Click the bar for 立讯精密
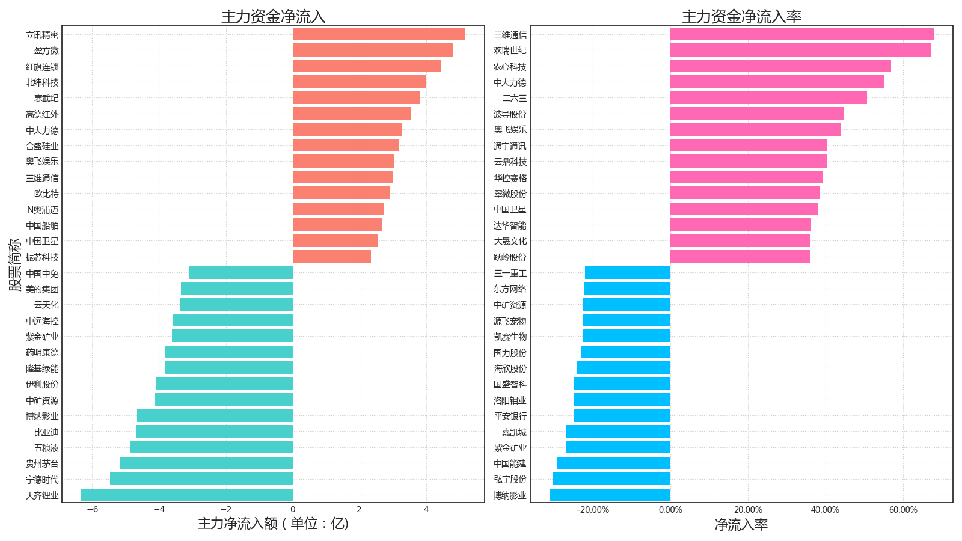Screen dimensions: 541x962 pos(379,34)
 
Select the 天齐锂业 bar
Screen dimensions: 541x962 pos(187,495)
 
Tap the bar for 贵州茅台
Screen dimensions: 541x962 pos(206,463)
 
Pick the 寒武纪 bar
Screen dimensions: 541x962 pos(357,98)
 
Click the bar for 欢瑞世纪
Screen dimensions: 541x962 pos(800,50)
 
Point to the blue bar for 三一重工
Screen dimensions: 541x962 pos(628,273)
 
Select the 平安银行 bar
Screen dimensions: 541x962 pos(622,416)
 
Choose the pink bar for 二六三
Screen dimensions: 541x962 pos(768,98)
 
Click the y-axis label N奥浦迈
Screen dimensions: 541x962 pos(43,210)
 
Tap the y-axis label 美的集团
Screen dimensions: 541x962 pos(42,289)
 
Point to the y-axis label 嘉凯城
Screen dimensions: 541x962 pos(514,432)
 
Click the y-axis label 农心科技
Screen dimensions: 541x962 pos(510,67)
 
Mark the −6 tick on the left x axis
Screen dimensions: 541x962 pos(92,510)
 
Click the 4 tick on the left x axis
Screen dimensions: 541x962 pos(426,510)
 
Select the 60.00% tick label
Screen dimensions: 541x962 pos(903,510)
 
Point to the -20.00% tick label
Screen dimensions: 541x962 pos(593,510)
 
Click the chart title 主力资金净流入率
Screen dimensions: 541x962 pos(741,17)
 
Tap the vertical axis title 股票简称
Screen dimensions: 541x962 pos(15,264)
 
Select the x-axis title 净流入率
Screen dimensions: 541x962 pos(741,525)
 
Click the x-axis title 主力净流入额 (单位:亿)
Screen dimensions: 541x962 pos(273,524)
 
